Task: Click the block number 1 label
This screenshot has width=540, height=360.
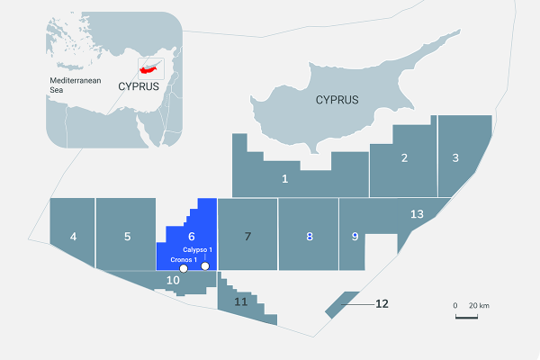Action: pyautogui.click(x=285, y=178)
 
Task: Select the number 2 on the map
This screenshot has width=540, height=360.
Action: pyautogui.click(x=404, y=158)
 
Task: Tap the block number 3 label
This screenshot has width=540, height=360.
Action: pyautogui.click(x=455, y=157)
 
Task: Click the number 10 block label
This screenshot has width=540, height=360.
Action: pyautogui.click(x=174, y=280)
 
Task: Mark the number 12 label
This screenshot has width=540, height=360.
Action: pyautogui.click(x=382, y=303)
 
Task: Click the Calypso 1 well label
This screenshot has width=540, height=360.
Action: pyautogui.click(x=197, y=249)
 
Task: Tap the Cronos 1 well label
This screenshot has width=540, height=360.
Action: pyautogui.click(x=184, y=259)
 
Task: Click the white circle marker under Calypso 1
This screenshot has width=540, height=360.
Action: pyautogui.click(x=205, y=266)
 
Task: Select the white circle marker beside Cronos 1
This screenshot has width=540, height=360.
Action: pyautogui.click(x=184, y=268)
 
